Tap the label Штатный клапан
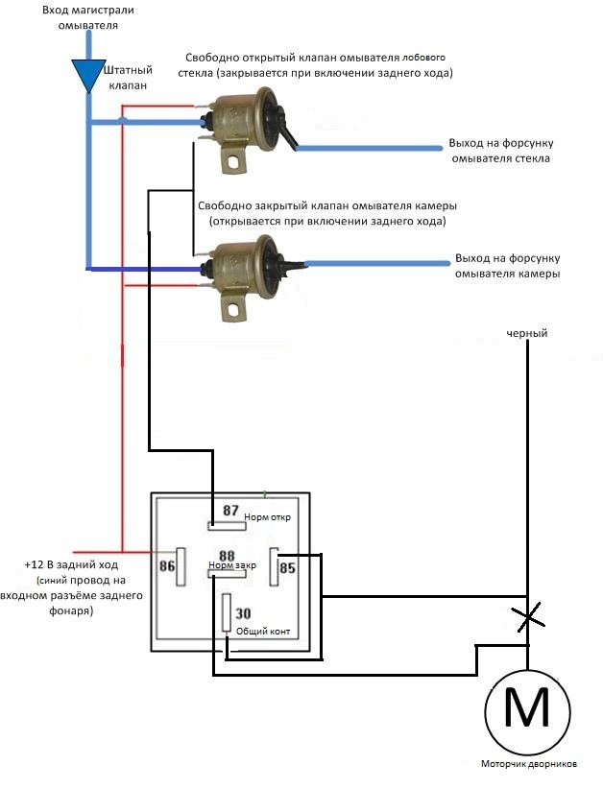coord(128,78)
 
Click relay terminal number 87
coord(230,511)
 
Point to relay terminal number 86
coord(168,565)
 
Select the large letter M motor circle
coord(527,710)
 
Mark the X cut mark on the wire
coord(526,618)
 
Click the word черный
coord(527,334)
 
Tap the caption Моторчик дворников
coord(529,765)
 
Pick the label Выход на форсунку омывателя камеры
coord(508,266)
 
